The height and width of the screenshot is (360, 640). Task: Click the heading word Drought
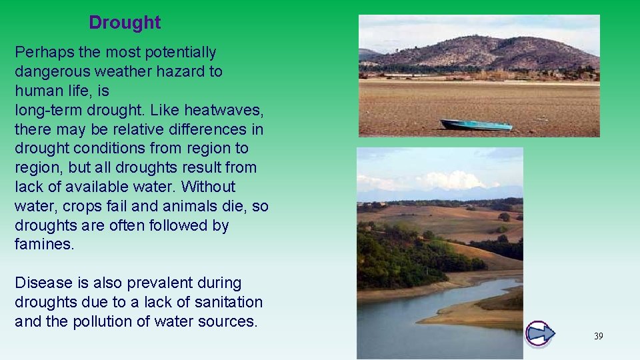[125, 23]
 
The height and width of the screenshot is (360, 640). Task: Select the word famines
[44, 245]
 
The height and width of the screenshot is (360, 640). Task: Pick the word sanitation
[226, 303]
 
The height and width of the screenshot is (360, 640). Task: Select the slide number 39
[598, 336]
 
